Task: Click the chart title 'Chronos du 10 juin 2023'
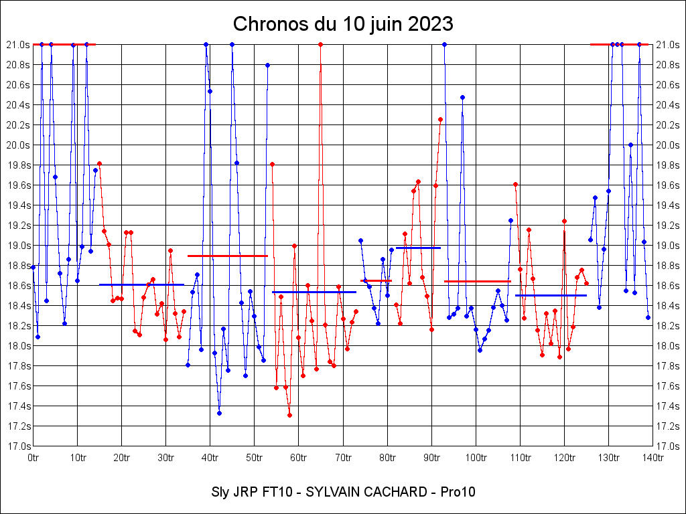(343, 24)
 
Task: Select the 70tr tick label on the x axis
(343, 458)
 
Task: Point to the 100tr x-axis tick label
(476, 458)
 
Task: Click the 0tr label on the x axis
(33, 458)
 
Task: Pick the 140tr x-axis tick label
(653, 458)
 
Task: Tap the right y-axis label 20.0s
(668, 145)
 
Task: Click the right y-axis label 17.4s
(668, 406)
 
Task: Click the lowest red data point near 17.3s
(289, 415)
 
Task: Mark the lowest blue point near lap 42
(219, 413)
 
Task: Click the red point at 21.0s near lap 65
(321, 44)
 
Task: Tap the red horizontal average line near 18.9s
(228, 256)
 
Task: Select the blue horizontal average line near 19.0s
(418, 248)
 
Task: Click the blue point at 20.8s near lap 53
(267, 65)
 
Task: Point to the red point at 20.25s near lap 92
(440, 119)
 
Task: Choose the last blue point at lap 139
(648, 317)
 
